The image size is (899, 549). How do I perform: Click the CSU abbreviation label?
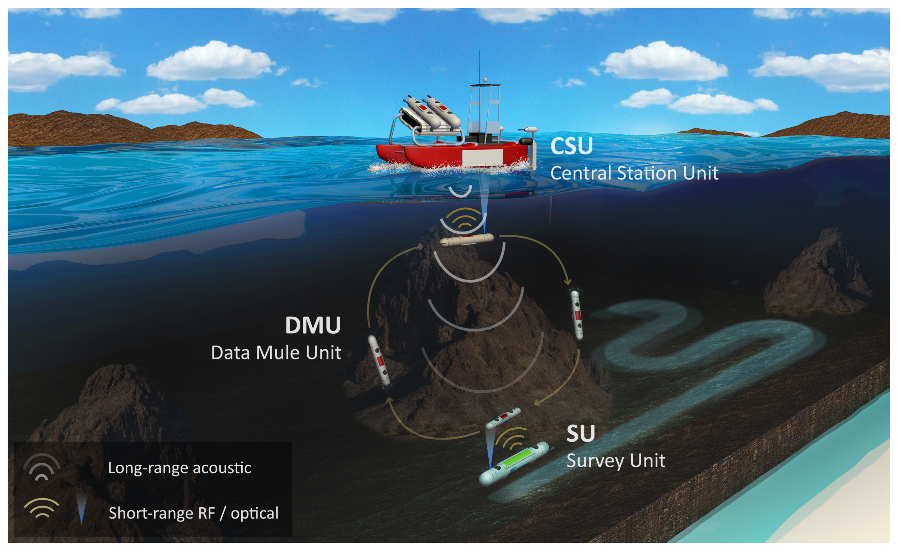[x=571, y=146]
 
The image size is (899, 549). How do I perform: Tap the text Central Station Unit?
[x=634, y=173]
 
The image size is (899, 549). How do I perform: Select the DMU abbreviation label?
[x=313, y=325]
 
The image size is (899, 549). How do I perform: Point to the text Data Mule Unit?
[x=276, y=353]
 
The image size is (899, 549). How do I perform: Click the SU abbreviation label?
[x=581, y=434]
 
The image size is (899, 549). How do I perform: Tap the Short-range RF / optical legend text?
[x=193, y=513]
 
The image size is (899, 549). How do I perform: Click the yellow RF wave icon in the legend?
[x=41, y=508]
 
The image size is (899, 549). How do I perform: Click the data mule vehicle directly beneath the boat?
[x=467, y=240]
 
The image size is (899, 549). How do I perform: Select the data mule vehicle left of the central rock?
[x=379, y=361]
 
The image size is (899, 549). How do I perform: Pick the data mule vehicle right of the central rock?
[x=576, y=314]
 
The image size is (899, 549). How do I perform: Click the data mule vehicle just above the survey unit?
[x=504, y=418]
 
